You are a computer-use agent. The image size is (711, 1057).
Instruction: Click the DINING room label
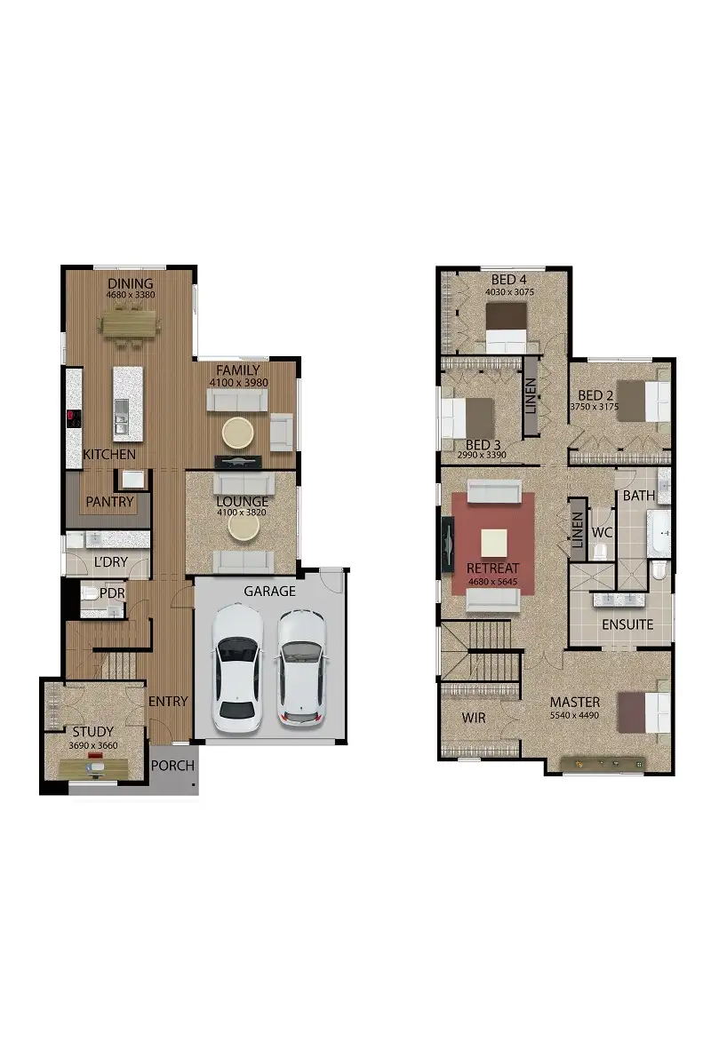coord(131,284)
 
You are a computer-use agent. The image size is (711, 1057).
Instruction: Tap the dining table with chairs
coord(132,324)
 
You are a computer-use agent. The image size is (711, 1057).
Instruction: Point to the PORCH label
coord(173,766)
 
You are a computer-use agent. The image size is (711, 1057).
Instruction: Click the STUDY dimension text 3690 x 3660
coord(93,745)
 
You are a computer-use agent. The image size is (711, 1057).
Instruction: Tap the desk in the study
coord(92,765)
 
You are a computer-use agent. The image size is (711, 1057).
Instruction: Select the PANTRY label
coord(109,502)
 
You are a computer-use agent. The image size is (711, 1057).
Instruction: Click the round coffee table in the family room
coord(238,433)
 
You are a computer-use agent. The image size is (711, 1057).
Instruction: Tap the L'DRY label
coord(110,563)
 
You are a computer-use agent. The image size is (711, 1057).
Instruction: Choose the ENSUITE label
coord(627,624)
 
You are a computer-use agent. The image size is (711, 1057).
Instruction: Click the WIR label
coord(475,717)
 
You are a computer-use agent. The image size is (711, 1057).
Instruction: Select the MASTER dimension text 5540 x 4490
coord(575,714)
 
